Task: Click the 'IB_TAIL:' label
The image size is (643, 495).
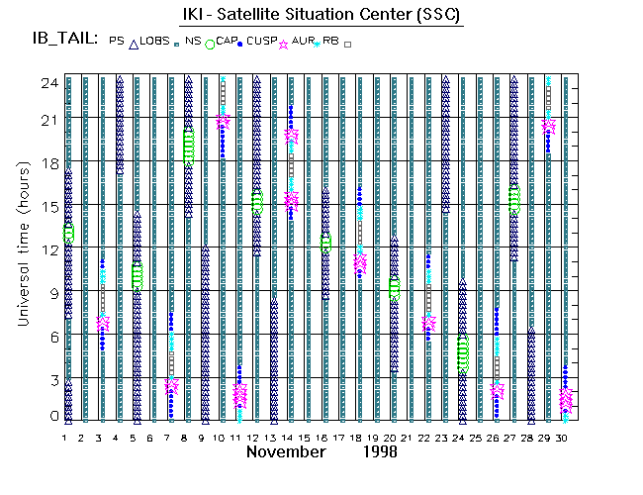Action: (x=63, y=40)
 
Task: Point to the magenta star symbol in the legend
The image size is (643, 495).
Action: (x=286, y=44)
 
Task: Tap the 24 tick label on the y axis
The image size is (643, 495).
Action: (x=47, y=83)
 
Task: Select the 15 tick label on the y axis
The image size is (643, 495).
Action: (x=47, y=205)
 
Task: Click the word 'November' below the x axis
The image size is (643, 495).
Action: (x=286, y=451)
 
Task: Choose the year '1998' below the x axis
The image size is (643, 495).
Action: (x=379, y=451)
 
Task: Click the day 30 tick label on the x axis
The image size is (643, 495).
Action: (x=564, y=436)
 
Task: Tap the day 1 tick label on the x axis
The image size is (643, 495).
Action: (x=65, y=436)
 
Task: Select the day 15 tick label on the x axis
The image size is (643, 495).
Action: (x=308, y=436)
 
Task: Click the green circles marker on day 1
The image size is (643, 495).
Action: (x=68, y=234)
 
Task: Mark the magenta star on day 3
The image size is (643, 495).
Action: (x=103, y=323)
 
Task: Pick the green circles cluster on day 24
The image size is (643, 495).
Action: (x=462, y=354)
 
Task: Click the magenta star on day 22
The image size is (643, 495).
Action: (x=428, y=323)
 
